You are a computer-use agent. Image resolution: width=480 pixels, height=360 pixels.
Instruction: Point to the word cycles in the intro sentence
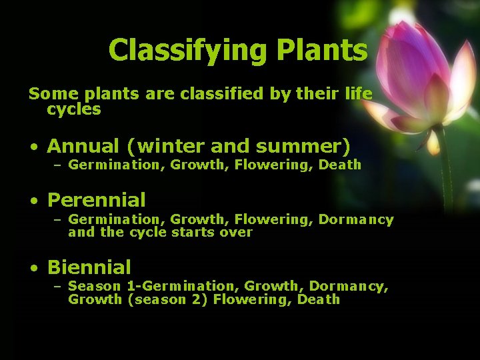pyautogui.click(x=73, y=109)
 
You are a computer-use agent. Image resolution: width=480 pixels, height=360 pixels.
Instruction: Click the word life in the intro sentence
pyautogui.click(x=357, y=94)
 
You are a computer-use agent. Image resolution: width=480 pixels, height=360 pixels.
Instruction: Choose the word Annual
pyautogui.click(x=83, y=145)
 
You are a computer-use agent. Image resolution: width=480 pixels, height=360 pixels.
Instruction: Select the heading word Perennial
pyautogui.click(x=96, y=200)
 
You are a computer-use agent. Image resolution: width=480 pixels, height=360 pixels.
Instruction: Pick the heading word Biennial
pyautogui.click(x=89, y=268)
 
